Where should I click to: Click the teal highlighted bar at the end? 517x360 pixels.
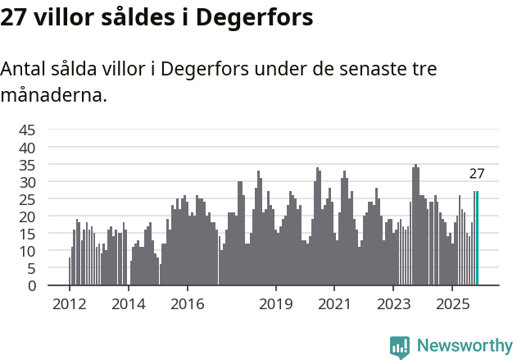(x=477, y=239)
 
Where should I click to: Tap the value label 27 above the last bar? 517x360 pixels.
(x=477, y=174)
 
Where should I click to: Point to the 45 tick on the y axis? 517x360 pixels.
(x=27, y=130)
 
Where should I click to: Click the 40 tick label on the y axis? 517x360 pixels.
(x=27, y=148)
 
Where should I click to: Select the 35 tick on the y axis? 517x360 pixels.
(x=27, y=165)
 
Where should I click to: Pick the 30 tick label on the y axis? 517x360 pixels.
(x=27, y=182)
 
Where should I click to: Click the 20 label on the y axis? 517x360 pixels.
(x=27, y=216)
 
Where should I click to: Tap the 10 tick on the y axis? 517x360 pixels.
(x=27, y=251)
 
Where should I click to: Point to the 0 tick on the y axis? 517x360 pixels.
(x=31, y=285)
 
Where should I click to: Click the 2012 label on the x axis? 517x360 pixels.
(x=69, y=304)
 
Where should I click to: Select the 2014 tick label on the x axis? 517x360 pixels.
(x=129, y=304)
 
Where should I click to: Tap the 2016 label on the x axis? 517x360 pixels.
(x=188, y=304)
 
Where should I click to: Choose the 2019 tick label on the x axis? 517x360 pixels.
(x=276, y=304)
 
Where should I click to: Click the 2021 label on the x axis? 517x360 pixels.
(x=334, y=304)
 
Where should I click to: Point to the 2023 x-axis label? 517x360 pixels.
(x=393, y=304)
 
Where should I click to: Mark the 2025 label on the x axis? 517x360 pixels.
(x=452, y=304)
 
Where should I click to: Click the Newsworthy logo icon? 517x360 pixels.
(x=400, y=347)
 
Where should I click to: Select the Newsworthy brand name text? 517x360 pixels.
(x=465, y=346)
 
